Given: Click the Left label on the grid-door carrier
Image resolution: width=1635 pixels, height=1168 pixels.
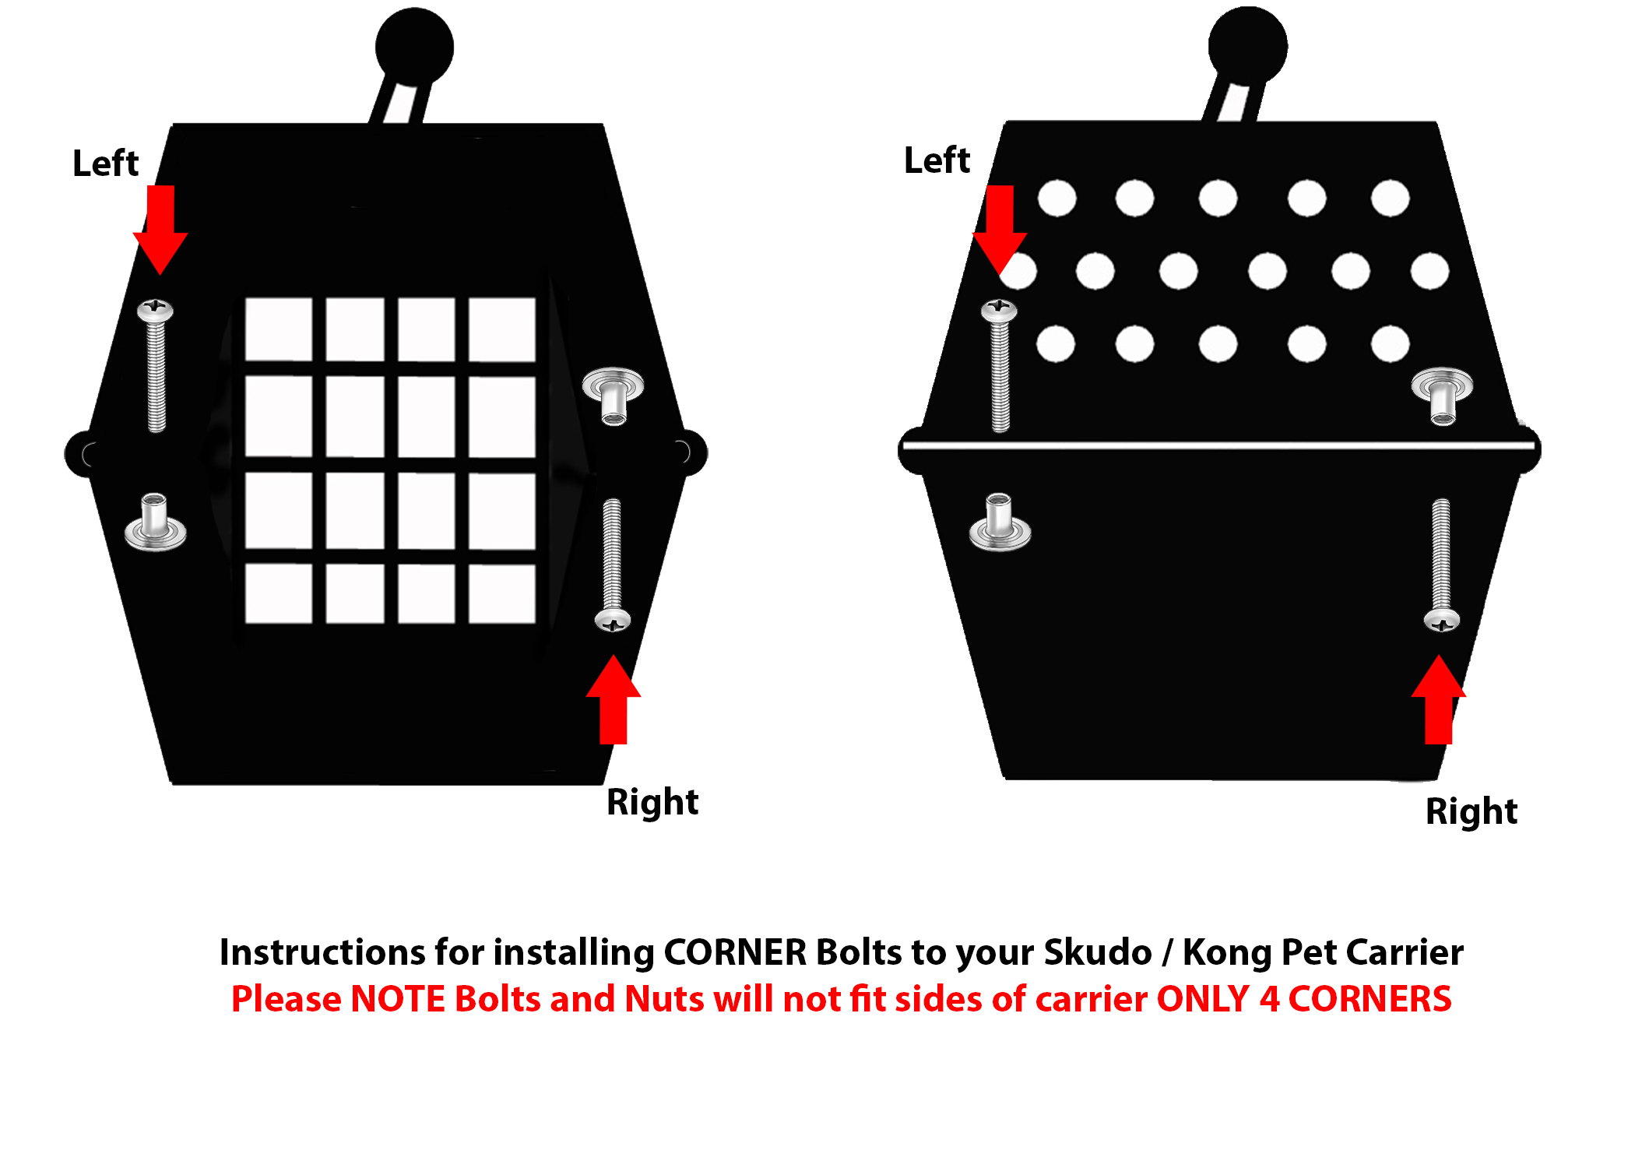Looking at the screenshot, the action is pos(105,164).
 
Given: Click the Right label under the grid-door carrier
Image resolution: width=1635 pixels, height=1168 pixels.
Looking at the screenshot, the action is pos(652,803).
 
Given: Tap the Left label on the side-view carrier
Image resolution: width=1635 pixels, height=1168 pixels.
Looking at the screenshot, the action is pos(937,160).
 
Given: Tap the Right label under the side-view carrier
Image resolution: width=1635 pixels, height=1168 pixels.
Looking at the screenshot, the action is pos(1471,812).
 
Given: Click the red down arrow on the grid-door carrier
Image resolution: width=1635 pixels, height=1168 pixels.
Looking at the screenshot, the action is pos(160,230).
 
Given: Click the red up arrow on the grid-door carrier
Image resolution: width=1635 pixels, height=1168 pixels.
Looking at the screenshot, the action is pos(614,699).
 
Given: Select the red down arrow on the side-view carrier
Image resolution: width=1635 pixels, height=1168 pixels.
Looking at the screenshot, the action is pos(1000,230).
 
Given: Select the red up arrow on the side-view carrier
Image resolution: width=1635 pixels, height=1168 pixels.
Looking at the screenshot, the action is pos(1439,699).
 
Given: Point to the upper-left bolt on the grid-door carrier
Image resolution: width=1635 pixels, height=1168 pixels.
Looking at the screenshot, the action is pos(156,365).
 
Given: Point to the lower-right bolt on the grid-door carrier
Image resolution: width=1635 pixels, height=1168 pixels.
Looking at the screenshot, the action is pos(613,565).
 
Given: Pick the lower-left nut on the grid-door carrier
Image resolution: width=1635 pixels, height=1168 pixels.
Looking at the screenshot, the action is pos(156,522).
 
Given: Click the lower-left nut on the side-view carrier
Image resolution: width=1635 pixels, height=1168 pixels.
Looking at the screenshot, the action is pos(1000,522).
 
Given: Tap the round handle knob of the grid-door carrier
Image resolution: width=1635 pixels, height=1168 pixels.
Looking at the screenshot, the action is pos(414,47).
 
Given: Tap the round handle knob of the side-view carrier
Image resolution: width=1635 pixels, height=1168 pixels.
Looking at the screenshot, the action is pos(1247,46).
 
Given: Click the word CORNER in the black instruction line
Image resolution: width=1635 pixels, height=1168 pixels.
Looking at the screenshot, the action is pos(735,952).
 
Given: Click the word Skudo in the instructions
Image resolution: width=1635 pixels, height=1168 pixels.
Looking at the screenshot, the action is pos(1098,952).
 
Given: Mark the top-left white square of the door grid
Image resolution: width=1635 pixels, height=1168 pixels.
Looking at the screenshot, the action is pos(279,329).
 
